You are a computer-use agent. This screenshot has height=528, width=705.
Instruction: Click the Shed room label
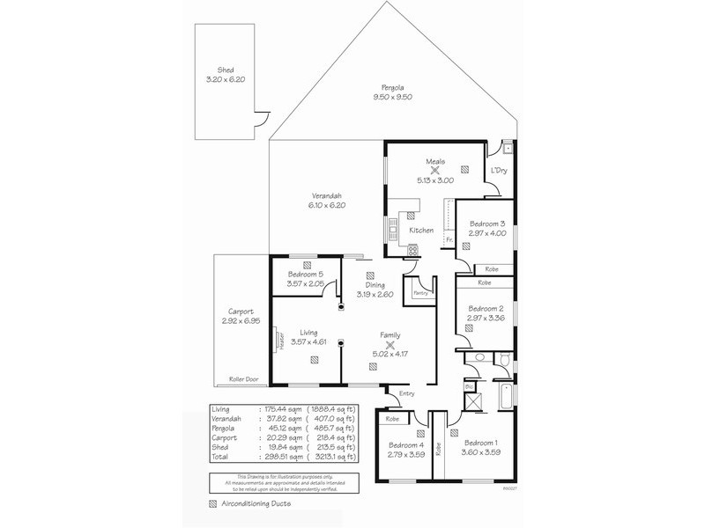pyautogui.click(x=226, y=69)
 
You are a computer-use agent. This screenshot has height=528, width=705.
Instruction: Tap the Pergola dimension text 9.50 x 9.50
pyautogui.click(x=392, y=98)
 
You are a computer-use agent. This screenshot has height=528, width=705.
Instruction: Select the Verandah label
pyautogui.click(x=326, y=195)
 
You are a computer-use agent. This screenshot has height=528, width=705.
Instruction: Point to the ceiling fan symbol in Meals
pyautogui.click(x=434, y=171)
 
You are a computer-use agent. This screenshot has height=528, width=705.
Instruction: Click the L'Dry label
pyautogui.click(x=499, y=170)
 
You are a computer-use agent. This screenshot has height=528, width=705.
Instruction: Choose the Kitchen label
pyautogui.click(x=421, y=231)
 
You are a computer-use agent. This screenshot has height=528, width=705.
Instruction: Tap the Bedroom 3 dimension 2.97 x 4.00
pyautogui.click(x=486, y=233)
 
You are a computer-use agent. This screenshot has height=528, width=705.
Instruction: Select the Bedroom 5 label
pyautogui.click(x=306, y=275)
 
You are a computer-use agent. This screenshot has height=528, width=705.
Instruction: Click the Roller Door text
pyautogui.click(x=242, y=378)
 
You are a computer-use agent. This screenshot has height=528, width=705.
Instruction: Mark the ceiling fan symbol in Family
pyautogui.click(x=390, y=345)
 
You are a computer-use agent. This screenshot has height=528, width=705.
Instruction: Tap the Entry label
pyautogui.click(x=406, y=393)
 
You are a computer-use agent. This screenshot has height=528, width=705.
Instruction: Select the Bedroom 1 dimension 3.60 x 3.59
pyautogui.click(x=481, y=452)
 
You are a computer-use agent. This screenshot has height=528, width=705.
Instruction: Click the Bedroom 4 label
pyautogui.click(x=406, y=444)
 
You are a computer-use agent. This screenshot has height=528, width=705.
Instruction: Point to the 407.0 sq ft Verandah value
pyautogui.click(x=336, y=419)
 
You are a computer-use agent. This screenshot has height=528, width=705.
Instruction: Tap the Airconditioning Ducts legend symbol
pyautogui.click(x=212, y=505)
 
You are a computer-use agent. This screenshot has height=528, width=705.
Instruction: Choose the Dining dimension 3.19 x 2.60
pyautogui.click(x=375, y=294)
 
